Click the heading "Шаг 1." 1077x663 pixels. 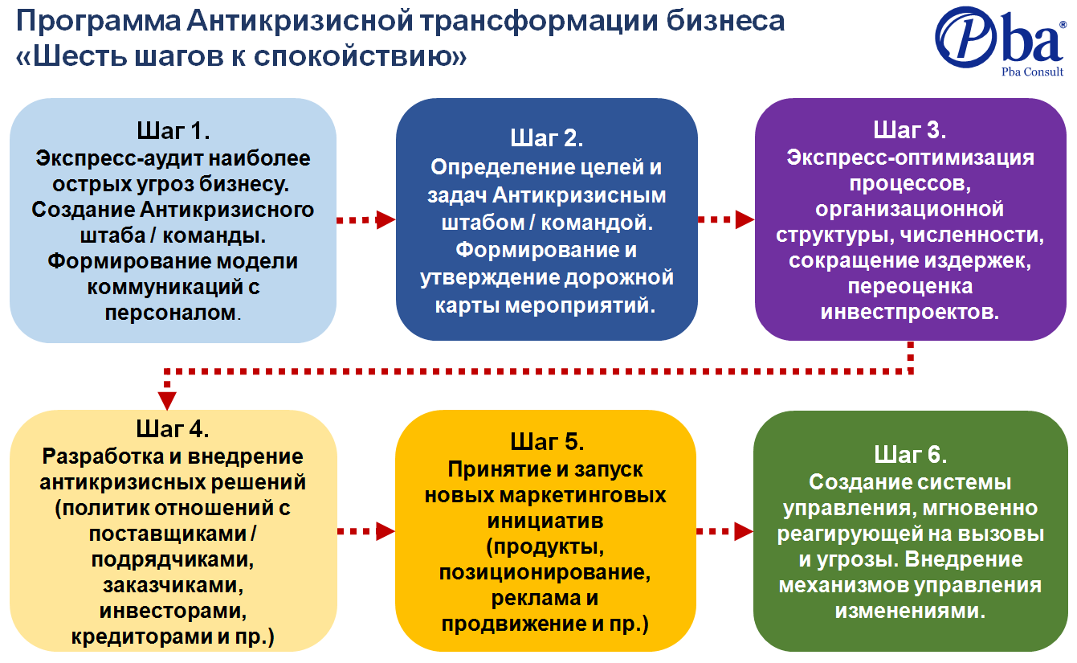[173, 130]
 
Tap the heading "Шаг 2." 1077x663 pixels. [547, 138]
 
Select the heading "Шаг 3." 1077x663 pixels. [910, 130]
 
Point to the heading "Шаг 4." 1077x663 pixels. [173, 428]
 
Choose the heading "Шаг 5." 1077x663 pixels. [547, 442]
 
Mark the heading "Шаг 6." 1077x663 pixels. [910, 455]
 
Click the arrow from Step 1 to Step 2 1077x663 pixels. [366, 220]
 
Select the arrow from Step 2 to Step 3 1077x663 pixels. [726, 219]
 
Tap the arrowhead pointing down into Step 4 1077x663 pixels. [167, 401]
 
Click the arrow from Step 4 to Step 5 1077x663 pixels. [366, 531]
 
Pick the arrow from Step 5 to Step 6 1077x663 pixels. [725, 531]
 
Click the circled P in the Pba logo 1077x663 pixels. [965, 38]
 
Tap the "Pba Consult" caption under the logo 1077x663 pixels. [1032, 72]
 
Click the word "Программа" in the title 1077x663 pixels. [99, 22]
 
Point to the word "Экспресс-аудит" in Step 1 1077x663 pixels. [118, 158]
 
